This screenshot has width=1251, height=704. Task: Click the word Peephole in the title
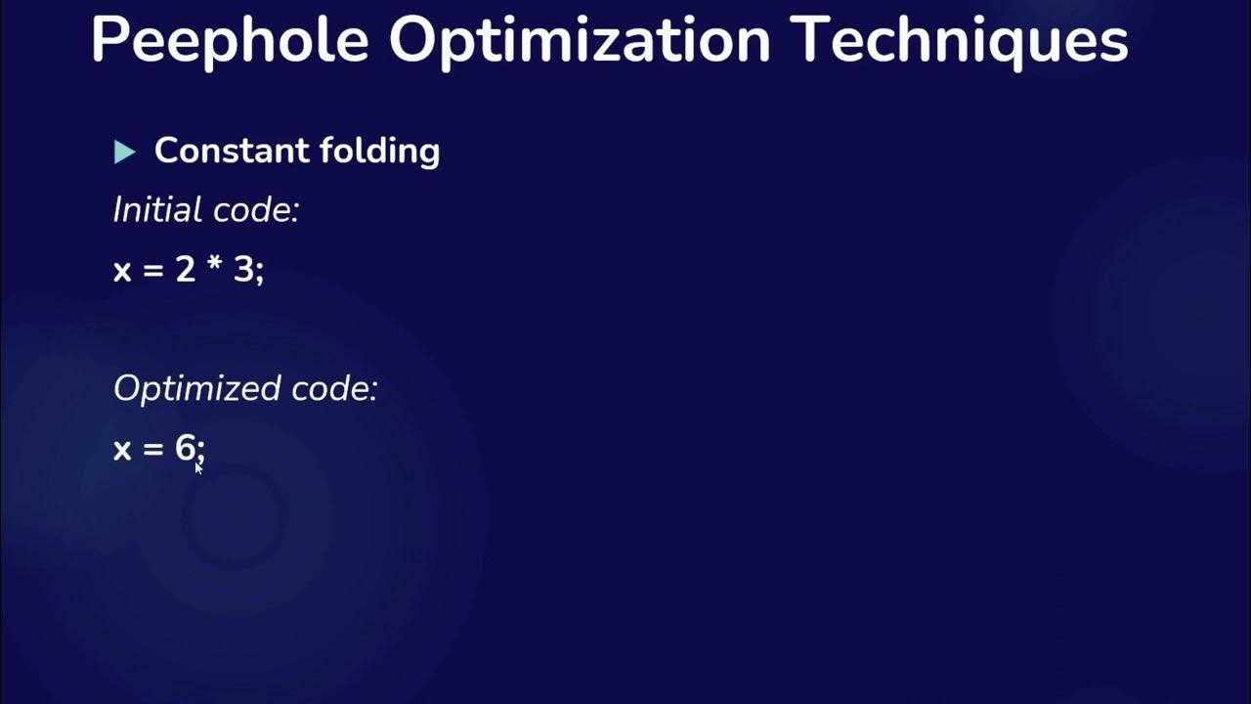230,41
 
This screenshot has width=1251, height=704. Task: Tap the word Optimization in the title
581,41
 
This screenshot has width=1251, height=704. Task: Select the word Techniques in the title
960,41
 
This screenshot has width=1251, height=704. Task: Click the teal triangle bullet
124,152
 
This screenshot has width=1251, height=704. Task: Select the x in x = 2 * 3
122,271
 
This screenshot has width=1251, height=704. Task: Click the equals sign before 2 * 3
153,271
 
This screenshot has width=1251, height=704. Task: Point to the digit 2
186,269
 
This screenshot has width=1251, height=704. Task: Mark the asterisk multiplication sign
215,266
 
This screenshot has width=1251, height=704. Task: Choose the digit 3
242,269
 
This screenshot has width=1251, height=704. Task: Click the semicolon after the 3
260,273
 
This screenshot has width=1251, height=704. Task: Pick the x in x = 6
122,450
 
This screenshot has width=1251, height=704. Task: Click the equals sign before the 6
153,450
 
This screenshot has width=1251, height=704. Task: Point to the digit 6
186,448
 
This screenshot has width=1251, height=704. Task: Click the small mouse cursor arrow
198,467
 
